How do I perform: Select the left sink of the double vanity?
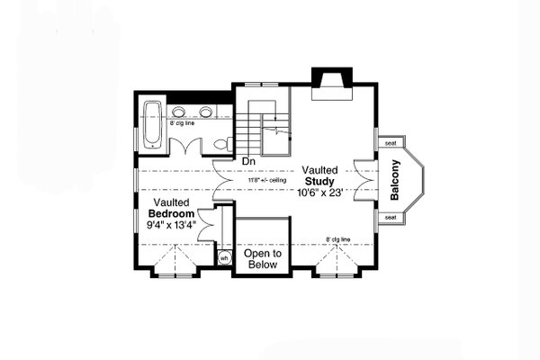[x=187, y=112]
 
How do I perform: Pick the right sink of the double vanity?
[x=208, y=112]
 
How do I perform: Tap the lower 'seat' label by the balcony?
[x=390, y=217]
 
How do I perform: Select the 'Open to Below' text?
[x=263, y=259]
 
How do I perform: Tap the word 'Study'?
[x=319, y=181]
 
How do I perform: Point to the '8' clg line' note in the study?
[x=338, y=239]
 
